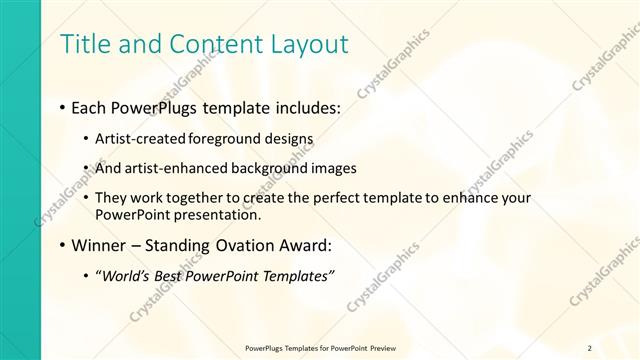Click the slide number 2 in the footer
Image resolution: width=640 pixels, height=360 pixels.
click(589, 347)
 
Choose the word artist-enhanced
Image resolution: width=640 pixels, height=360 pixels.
click(170, 168)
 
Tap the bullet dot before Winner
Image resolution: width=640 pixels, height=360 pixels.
click(63, 246)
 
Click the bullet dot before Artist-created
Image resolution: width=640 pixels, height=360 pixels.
click(87, 139)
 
